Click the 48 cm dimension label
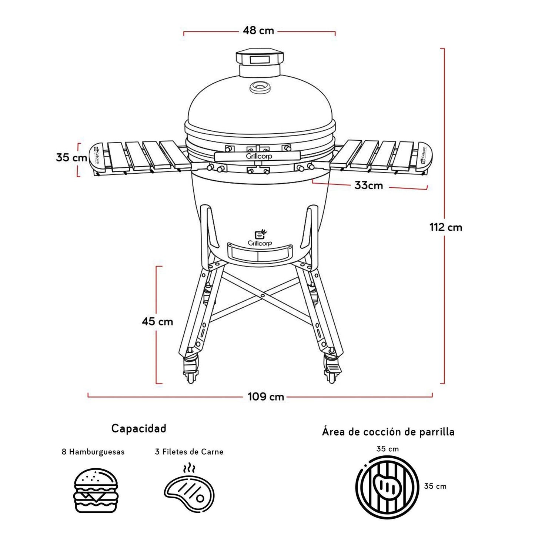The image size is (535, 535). click(x=258, y=30)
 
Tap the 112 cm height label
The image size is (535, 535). click(x=446, y=227)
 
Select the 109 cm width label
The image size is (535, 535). click(x=266, y=397)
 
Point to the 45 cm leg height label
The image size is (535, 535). click(x=157, y=321)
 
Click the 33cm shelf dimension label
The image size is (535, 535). click(x=368, y=185)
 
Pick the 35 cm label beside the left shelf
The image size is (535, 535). click(x=71, y=157)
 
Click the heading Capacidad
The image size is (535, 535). click(x=139, y=428)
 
